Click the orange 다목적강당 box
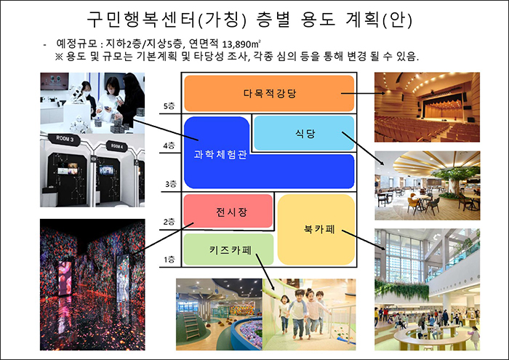(x=269, y=94)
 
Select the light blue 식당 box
(x=304, y=133)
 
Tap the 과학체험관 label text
(x=220, y=154)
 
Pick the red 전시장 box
(x=228, y=211)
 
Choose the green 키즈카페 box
(x=228, y=249)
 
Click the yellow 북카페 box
(x=316, y=230)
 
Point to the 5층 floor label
(x=169, y=106)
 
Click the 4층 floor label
(x=169, y=145)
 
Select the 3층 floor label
(x=171, y=184)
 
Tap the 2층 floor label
(x=169, y=222)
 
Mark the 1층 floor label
(x=169, y=260)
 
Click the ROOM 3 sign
(x=64, y=139)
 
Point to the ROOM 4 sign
(x=117, y=146)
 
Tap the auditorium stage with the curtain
(x=443, y=106)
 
